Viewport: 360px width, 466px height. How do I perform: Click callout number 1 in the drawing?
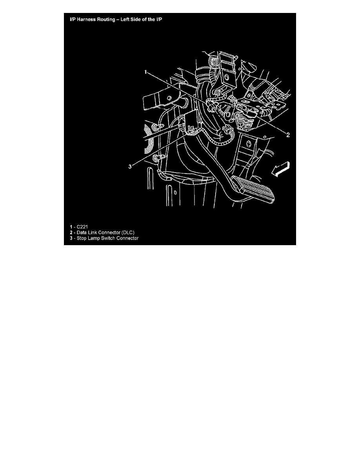point(145,72)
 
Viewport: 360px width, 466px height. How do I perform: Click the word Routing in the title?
point(104,20)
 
